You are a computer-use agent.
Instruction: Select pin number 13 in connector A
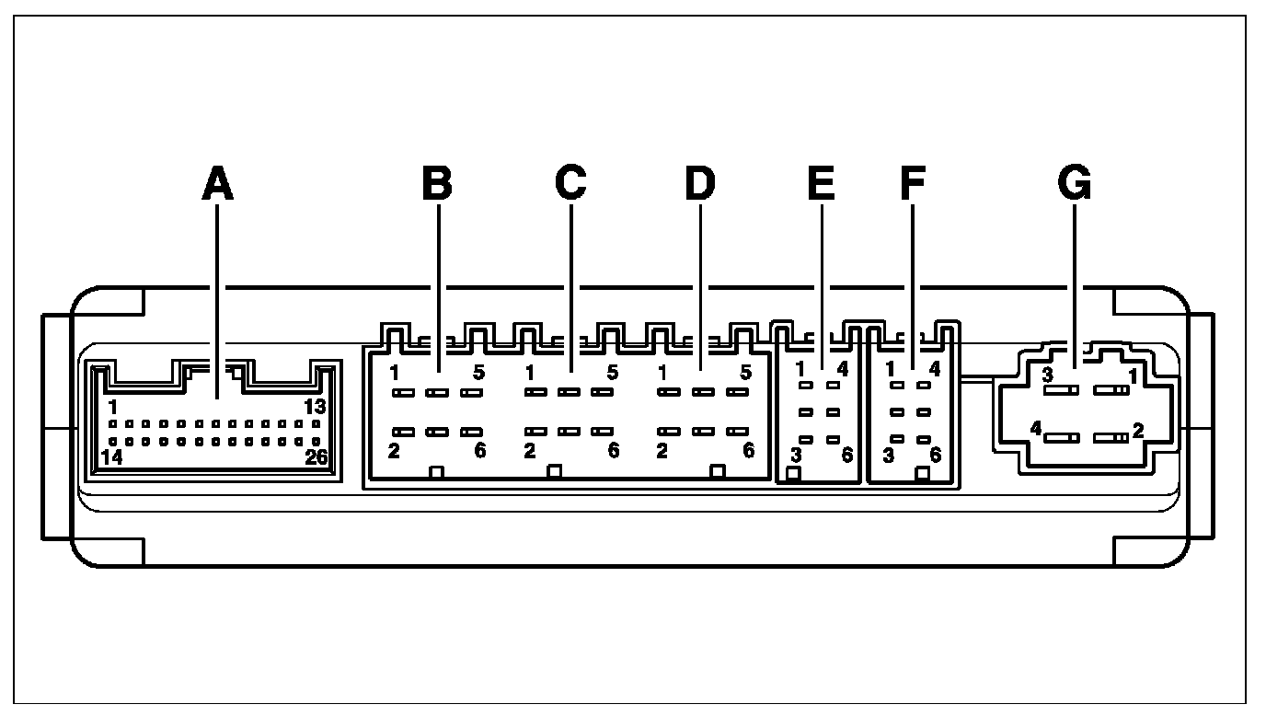coord(316,407)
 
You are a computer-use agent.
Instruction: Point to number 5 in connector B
coord(478,373)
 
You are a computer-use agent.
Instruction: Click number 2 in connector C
coord(529,450)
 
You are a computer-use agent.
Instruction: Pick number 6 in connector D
coord(748,450)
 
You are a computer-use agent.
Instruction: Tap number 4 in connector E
coord(842,370)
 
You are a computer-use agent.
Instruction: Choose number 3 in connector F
coord(889,455)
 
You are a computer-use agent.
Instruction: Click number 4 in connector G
coord(1036,428)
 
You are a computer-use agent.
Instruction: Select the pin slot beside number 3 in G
coord(1062,390)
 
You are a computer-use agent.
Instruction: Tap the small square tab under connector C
coord(554,472)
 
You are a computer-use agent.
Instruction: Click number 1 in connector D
coord(662,373)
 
